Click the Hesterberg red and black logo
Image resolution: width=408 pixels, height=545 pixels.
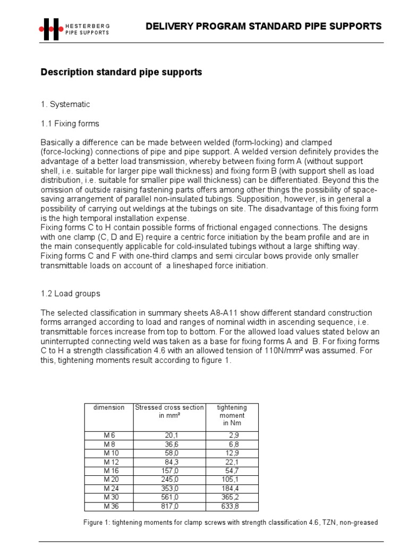[51, 29]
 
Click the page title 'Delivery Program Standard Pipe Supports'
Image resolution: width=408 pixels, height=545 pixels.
[263, 26]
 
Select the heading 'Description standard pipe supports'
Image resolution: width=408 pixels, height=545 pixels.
[121, 72]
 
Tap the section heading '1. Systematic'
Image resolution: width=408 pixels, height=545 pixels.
[65, 104]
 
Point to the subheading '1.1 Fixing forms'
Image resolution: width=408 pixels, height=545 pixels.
[70, 123]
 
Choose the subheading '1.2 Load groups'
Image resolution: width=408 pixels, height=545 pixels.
[70, 293]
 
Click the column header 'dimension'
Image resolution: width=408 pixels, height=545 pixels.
[108, 408]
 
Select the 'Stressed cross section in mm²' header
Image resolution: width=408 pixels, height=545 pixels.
[169, 411]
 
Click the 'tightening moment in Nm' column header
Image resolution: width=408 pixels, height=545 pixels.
[232, 415]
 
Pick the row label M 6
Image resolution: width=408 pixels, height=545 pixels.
[109, 435]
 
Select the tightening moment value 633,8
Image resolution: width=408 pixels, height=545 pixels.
[231, 506]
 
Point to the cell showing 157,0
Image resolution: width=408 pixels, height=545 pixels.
[169, 471]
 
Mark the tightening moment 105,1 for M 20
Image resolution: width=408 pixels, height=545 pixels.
[231, 480]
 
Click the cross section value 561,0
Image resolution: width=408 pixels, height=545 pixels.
[169, 497]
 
